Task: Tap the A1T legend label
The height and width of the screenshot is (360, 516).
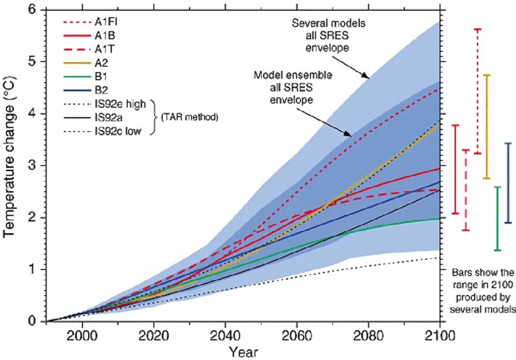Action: pyautogui.click(x=104, y=49)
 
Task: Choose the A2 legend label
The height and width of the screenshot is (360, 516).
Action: pyautogui.click(x=101, y=63)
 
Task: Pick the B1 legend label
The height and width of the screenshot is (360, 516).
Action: pyautogui.click(x=101, y=76)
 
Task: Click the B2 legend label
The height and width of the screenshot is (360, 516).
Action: pyautogui.click(x=101, y=90)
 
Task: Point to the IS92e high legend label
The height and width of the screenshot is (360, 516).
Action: pyautogui.click(x=120, y=104)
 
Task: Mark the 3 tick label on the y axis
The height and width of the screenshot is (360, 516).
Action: pyautogui.click(x=32, y=166)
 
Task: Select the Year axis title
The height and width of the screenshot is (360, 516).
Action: pyautogui.click(x=243, y=352)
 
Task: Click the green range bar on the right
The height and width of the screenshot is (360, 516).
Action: pyautogui.click(x=497, y=219)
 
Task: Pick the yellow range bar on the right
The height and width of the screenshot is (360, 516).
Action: pyautogui.click(x=486, y=126)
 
